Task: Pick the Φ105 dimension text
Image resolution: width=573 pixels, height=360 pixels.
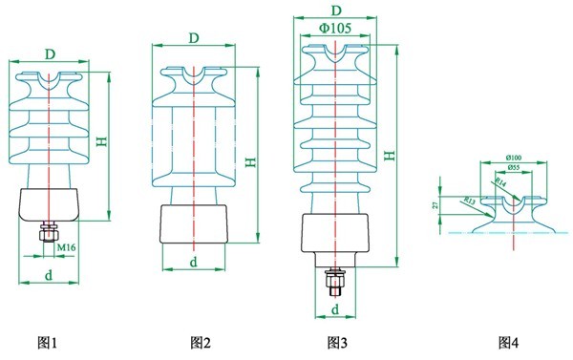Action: pos(335,29)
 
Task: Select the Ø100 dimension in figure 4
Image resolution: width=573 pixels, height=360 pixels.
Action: pos(514,158)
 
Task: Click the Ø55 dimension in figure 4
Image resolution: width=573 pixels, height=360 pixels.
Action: pos(514,168)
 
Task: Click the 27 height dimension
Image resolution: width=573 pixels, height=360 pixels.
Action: pos(435,203)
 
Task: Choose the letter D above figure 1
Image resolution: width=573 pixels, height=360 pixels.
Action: pos(48,48)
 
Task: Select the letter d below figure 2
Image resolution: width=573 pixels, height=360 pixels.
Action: pos(194,261)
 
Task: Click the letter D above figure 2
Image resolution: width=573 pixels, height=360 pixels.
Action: pos(194,37)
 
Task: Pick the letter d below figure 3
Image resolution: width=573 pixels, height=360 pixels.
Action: pos(336,309)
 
